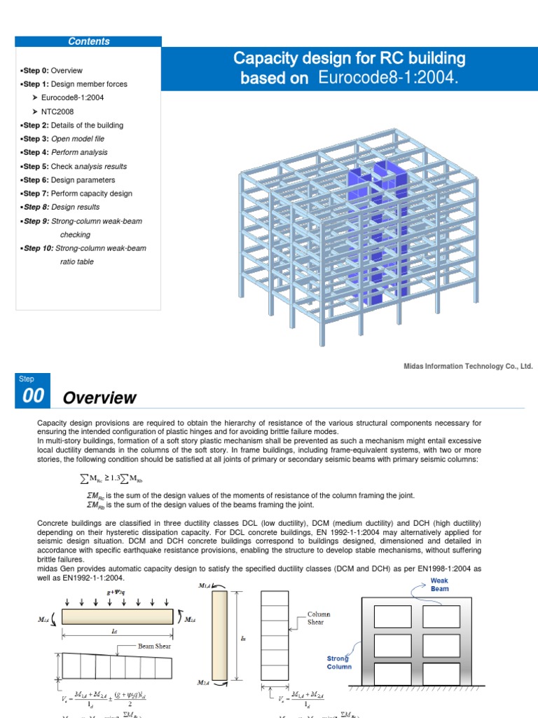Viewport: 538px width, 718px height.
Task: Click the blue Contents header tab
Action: click(x=88, y=41)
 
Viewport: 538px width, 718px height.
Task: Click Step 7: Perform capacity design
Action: click(x=77, y=194)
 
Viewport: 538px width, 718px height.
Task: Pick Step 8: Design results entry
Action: click(x=61, y=207)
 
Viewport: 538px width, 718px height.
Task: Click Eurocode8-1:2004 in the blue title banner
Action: click(x=387, y=77)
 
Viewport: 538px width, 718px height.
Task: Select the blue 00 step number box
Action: click(x=33, y=396)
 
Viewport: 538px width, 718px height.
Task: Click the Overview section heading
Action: click(x=99, y=398)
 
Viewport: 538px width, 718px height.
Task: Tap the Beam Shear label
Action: click(x=155, y=645)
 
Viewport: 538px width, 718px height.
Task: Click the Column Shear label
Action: click(x=319, y=618)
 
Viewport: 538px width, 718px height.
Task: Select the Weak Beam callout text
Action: click(x=439, y=585)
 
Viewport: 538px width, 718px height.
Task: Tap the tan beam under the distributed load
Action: click(x=118, y=616)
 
